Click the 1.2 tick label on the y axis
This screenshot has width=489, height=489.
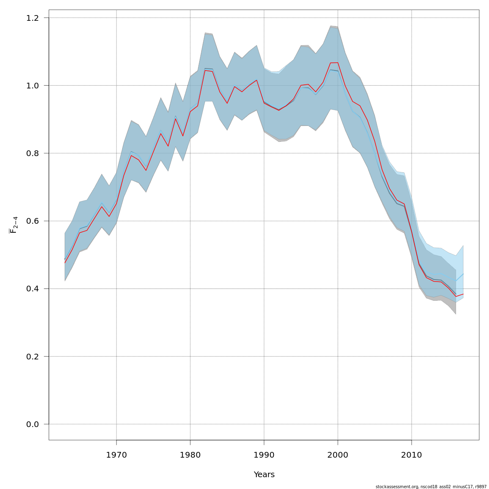pos(33,18)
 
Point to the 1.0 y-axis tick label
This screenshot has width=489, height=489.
pos(33,86)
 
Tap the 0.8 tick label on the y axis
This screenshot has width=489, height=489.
pos(33,153)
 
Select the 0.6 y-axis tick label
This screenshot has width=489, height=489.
pos(33,221)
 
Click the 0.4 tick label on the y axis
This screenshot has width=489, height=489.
pos(33,289)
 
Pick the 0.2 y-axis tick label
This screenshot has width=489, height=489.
pos(33,356)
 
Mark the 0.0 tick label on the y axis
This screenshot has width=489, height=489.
pos(33,424)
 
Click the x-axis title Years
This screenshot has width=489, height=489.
pos(264,475)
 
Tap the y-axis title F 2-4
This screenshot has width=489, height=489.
pos(13,225)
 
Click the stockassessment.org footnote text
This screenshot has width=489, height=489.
pos(431,487)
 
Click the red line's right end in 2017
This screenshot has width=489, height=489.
pos(463,294)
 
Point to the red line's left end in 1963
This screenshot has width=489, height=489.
pos(65,263)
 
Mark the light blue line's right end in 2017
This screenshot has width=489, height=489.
pos(463,274)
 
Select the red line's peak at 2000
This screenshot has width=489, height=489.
pos(338,62)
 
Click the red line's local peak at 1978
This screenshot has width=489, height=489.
pos(176,119)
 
